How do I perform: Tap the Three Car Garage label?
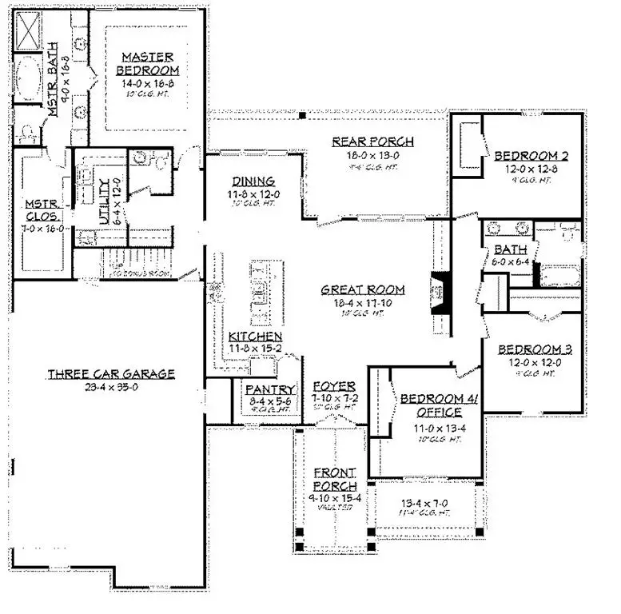click(x=110, y=373)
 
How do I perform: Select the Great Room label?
click(x=363, y=290)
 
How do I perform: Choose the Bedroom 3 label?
click(x=529, y=349)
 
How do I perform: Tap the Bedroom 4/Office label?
click(x=439, y=405)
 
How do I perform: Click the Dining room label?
click(x=253, y=181)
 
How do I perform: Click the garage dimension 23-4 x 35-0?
click(x=110, y=388)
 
